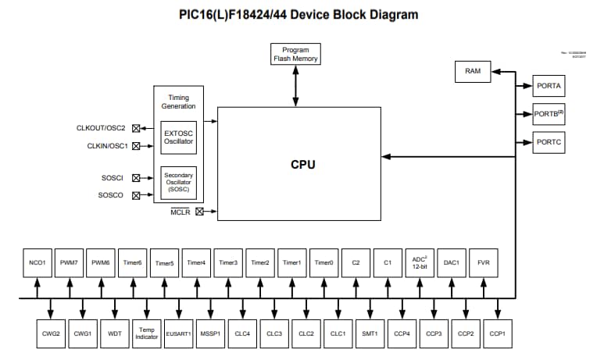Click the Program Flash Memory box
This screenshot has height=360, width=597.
tap(295, 54)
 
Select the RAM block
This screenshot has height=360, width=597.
tap(473, 71)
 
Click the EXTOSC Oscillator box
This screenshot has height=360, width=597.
tap(178, 137)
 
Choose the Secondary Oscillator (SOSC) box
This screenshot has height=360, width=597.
tap(178, 183)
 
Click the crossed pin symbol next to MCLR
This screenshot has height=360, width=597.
tap(199, 211)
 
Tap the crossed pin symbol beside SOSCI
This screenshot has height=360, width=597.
tap(137, 178)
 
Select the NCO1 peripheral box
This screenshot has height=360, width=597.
tap(37, 263)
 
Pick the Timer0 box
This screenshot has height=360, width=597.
tap(324, 263)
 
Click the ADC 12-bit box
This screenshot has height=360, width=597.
tap(420, 263)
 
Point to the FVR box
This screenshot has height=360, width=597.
tap(484, 263)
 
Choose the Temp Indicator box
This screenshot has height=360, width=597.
tap(146, 333)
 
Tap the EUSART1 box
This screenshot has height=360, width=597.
tap(178, 333)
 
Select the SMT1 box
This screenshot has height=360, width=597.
tap(370, 333)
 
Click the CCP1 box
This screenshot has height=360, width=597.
tap(498, 333)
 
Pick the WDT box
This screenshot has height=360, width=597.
tap(115, 333)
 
